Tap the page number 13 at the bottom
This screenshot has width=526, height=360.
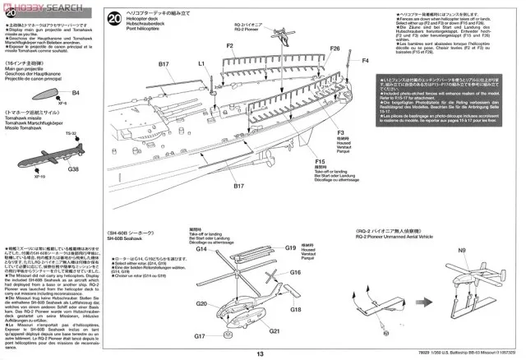click(260, 353)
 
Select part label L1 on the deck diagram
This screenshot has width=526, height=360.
click(201, 63)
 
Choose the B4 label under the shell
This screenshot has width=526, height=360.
click(76, 94)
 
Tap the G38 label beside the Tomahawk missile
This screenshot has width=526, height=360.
click(74, 169)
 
